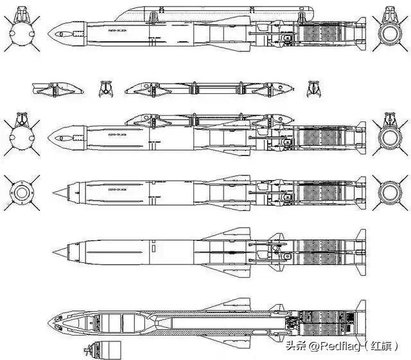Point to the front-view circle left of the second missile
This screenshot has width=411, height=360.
tap(19, 137)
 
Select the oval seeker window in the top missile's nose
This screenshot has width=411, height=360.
tap(66, 31)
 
